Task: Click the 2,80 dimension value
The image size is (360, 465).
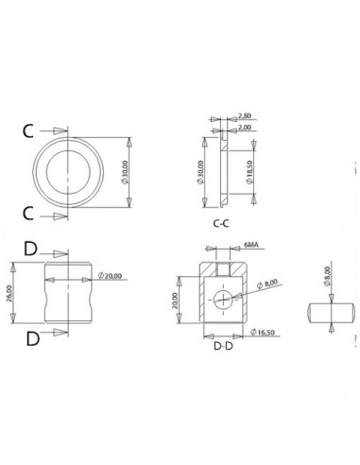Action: [245, 115]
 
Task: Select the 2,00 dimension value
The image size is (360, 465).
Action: [245, 128]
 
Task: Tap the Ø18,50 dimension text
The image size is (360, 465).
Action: [249, 172]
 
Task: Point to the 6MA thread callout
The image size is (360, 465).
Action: [250, 245]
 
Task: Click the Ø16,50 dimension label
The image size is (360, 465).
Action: [263, 332]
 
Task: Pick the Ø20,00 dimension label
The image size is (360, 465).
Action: [110, 276]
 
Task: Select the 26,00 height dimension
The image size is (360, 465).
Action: [9, 294]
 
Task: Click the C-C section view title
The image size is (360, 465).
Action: [221, 223]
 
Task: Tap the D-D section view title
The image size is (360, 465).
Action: [223, 346]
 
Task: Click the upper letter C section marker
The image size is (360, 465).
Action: [28, 131]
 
